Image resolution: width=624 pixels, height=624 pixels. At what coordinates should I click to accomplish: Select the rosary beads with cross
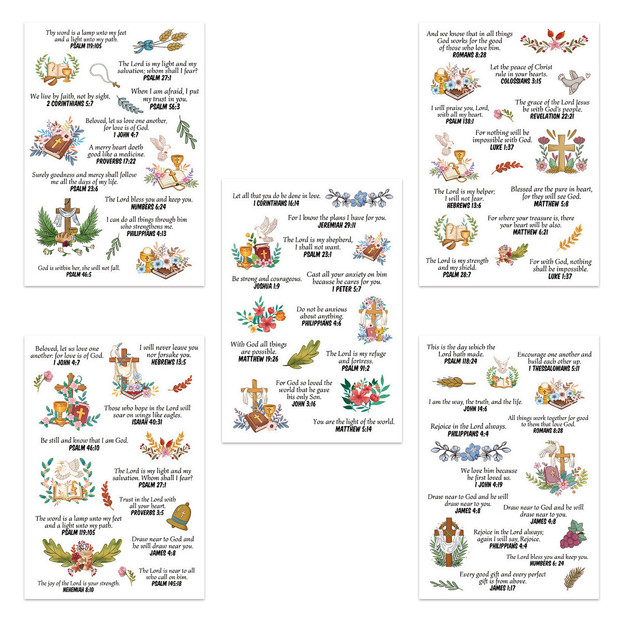(105, 74)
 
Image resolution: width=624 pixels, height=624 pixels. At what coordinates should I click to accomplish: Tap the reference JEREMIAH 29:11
(336, 225)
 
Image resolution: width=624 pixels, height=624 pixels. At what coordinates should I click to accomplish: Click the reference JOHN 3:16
(304, 404)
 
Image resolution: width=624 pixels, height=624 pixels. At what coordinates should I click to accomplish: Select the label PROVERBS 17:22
(116, 161)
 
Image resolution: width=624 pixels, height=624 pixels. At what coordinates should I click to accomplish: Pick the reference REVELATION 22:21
(552, 116)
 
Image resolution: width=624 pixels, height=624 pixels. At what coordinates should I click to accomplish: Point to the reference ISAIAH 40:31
(147, 422)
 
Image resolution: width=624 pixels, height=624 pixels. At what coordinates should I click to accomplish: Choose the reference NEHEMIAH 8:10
(79, 590)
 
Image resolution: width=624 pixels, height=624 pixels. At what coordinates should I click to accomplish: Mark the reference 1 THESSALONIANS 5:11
(554, 369)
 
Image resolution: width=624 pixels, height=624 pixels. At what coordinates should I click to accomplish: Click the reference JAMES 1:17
(502, 588)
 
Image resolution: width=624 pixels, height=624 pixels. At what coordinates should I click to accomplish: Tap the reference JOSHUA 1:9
(266, 287)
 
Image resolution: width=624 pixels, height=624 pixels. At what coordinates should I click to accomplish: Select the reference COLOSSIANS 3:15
(521, 81)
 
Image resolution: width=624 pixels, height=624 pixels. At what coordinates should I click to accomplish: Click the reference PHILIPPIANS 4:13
(146, 234)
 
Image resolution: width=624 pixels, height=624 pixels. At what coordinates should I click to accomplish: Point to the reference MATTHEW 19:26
(258, 359)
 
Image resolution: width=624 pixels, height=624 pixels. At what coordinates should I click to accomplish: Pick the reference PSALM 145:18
(166, 584)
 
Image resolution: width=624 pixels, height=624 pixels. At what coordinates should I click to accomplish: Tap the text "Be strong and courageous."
(267, 279)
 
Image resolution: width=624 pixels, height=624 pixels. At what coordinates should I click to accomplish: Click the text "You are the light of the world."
(354, 422)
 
